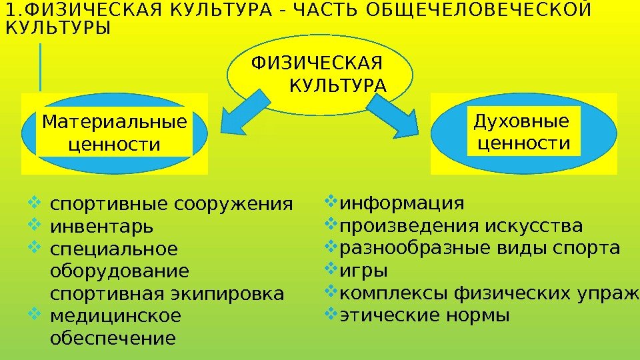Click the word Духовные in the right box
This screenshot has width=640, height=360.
(x=521, y=121)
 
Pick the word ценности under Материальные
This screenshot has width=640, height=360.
(x=115, y=144)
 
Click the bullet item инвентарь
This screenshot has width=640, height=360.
(x=101, y=227)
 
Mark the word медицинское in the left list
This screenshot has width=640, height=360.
(x=115, y=315)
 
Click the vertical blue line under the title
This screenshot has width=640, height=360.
(x=41, y=67)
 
